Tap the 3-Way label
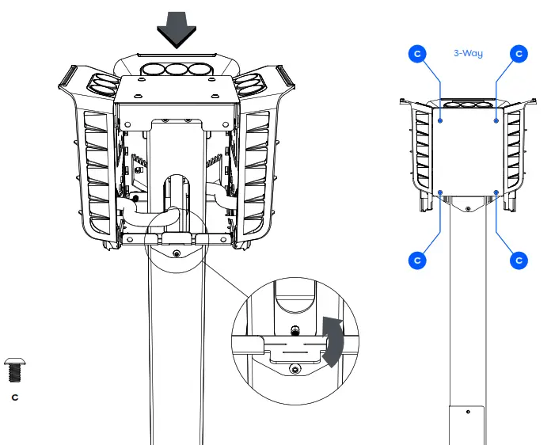tap(468, 54)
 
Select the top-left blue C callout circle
tap(417, 54)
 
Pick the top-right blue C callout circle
tap(519, 54)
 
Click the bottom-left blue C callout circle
tap(417, 260)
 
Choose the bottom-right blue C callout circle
tap(519, 260)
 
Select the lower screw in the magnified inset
tap(294, 368)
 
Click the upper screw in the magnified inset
tap(294, 329)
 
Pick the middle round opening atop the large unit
tap(175, 69)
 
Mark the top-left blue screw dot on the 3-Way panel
tap(440, 121)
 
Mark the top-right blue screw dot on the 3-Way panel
tap(496, 121)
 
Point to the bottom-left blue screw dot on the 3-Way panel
tap(440, 192)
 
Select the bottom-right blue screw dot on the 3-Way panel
tap(496, 192)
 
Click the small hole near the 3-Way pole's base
tap(468, 412)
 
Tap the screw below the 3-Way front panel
tap(468, 209)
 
